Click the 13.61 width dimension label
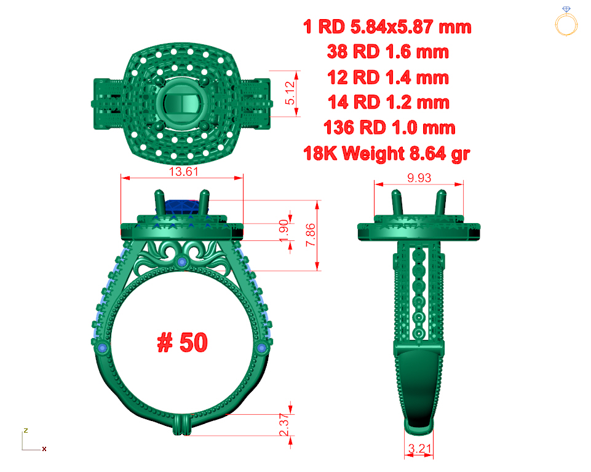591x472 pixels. (183, 171)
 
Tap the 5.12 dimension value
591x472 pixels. (290, 93)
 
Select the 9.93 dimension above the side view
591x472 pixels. (419, 178)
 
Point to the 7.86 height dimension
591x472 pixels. (310, 235)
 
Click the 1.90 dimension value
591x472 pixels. (284, 231)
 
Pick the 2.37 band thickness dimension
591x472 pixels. (284, 425)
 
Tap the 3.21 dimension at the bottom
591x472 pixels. (419, 449)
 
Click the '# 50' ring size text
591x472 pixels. (182, 342)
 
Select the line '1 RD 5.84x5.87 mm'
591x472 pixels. (387, 27)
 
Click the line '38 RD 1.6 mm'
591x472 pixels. (388, 52)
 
